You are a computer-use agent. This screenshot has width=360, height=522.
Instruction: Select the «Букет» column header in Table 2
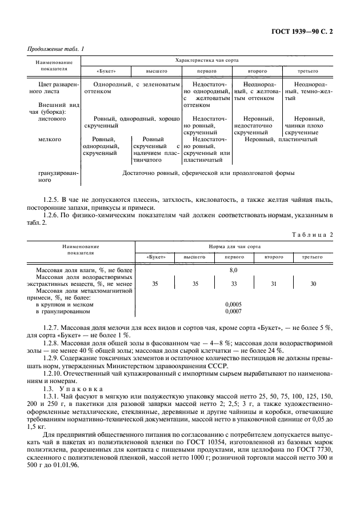click(x=156, y=257)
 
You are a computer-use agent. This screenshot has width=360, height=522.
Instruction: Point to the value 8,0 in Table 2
click(x=233, y=268)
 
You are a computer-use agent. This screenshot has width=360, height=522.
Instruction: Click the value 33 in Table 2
click(x=233, y=283)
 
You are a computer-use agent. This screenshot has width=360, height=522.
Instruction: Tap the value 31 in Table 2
click(x=272, y=283)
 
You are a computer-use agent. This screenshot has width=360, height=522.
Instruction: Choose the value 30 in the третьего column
click(x=312, y=283)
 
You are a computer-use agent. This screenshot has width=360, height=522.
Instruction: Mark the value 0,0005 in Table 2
click(x=233, y=304)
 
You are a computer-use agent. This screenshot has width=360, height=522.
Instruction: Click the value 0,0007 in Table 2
click(x=233, y=312)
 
